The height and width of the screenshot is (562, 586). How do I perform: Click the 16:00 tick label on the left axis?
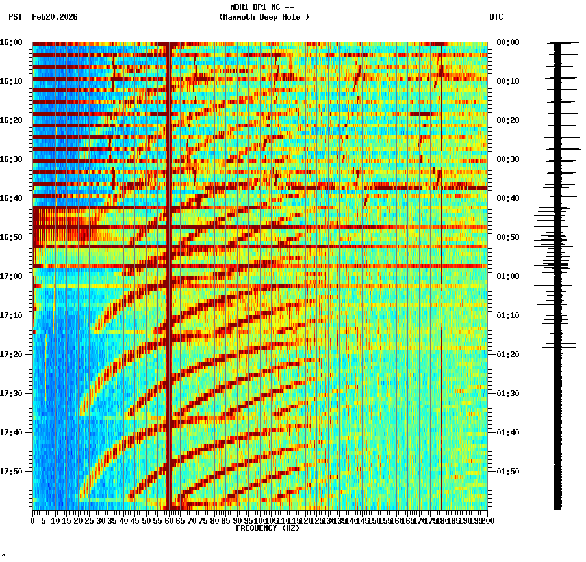point(11,42)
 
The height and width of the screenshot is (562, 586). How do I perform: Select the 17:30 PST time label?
point(11,394)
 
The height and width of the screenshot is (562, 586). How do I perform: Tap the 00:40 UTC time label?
point(508,198)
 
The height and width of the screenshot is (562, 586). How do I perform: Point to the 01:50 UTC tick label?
point(508,472)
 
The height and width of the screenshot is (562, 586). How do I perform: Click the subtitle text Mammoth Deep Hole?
point(264,17)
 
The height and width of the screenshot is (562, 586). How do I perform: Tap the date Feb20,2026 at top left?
point(55,17)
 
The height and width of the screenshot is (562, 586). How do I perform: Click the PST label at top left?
point(16,17)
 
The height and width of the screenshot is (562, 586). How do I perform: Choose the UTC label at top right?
point(496,17)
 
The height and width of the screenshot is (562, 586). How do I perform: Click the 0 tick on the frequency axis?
point(33,521)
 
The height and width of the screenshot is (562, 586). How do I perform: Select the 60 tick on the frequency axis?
point(169,521)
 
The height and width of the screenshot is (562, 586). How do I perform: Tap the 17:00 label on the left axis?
point(11,276)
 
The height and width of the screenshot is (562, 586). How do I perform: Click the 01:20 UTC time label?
point(508,355)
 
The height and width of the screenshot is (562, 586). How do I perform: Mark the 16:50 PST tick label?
point(11,237)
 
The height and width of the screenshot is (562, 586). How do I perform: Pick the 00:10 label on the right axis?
point(508,81)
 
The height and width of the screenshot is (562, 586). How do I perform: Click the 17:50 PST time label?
point(11,472)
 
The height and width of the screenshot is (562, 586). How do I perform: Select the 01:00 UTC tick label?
point(508,276)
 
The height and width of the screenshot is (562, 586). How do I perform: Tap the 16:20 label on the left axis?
point(11,120)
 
